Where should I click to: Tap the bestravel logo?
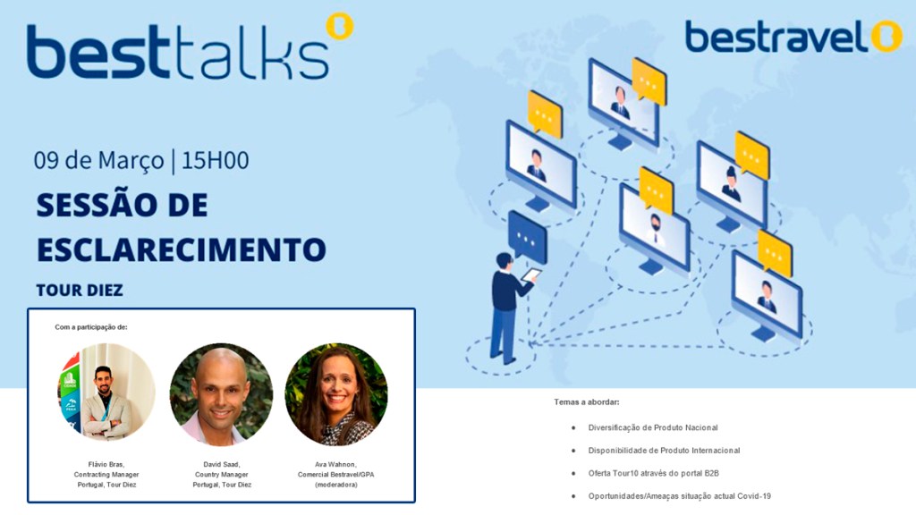[x=794, y=36]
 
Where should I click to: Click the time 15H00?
[x=215, y=160]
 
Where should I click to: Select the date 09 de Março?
[x=98, y=161]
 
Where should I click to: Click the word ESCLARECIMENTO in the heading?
[x=181, y=249]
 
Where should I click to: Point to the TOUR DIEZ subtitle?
[x=80, y=291]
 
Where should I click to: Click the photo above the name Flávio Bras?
[x=106, y=392]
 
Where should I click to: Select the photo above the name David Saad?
[x=222, y=394]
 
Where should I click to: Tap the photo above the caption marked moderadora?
[x=336, y=394]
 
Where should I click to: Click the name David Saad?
[x=222, y=464]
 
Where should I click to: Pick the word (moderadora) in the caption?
[x=336, y=485]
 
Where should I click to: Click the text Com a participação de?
[x=91, y=327]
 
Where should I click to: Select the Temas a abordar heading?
[x=587, y=401]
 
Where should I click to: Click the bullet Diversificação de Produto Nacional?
[x=653, y=427]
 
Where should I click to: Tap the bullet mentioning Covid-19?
[x=680, y=496]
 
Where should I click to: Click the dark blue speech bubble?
[x=528, y=236]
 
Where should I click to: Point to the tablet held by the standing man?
[x=531, y=274]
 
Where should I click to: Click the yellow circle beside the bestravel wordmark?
[x=886, y=36]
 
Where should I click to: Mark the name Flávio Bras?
[x=106, y=464]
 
